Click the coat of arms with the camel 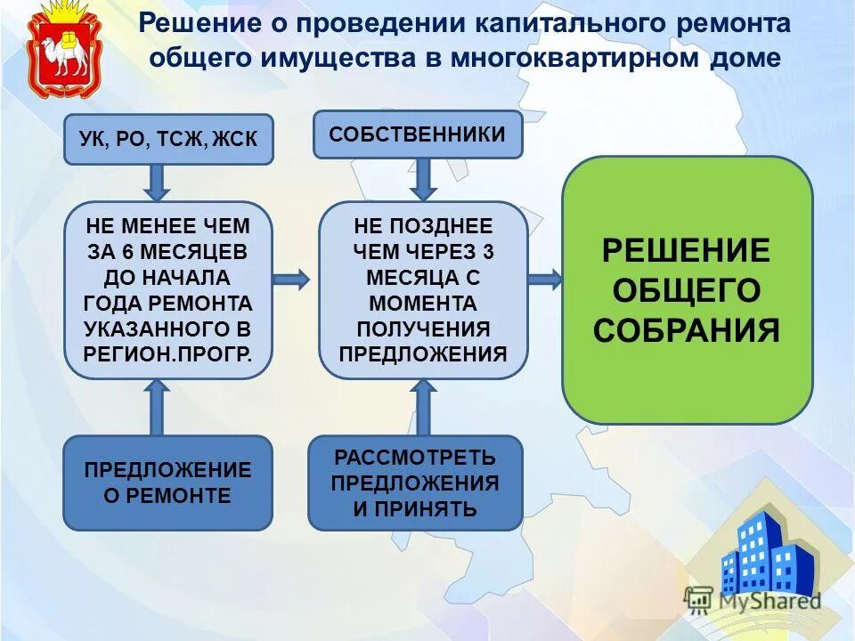[x=60, y=51]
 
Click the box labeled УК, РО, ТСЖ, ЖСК [x=168, y=140]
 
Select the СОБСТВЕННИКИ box [x=418, y=134]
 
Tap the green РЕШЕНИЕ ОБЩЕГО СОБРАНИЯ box [x=687, y=289]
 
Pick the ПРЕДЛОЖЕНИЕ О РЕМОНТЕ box [x=168, y=483]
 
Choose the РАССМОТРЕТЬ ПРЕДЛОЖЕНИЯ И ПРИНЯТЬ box [x=415, y=483]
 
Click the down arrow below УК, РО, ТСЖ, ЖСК [x=157, y=183]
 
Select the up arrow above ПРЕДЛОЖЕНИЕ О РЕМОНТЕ [x=157, y=407]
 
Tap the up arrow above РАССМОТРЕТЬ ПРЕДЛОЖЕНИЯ [x=424, y=407]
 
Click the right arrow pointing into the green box [x=544, y=279]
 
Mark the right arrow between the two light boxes [x=290, y=279]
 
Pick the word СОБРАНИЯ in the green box [x=687, y=330]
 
